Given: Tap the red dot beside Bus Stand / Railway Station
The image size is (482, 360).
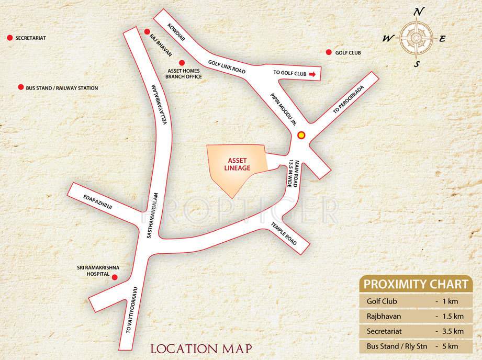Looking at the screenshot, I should [20, 87].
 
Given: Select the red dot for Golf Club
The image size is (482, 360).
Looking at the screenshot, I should [329, 52].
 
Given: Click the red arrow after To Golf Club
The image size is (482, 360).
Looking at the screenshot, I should [312, 74].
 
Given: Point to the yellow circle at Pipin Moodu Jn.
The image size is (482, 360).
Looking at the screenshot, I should [301, 136].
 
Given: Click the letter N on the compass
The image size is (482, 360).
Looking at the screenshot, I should [417, 12].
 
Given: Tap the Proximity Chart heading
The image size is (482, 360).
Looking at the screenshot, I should [416, 285].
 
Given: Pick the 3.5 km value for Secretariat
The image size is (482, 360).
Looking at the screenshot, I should [451, 331].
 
